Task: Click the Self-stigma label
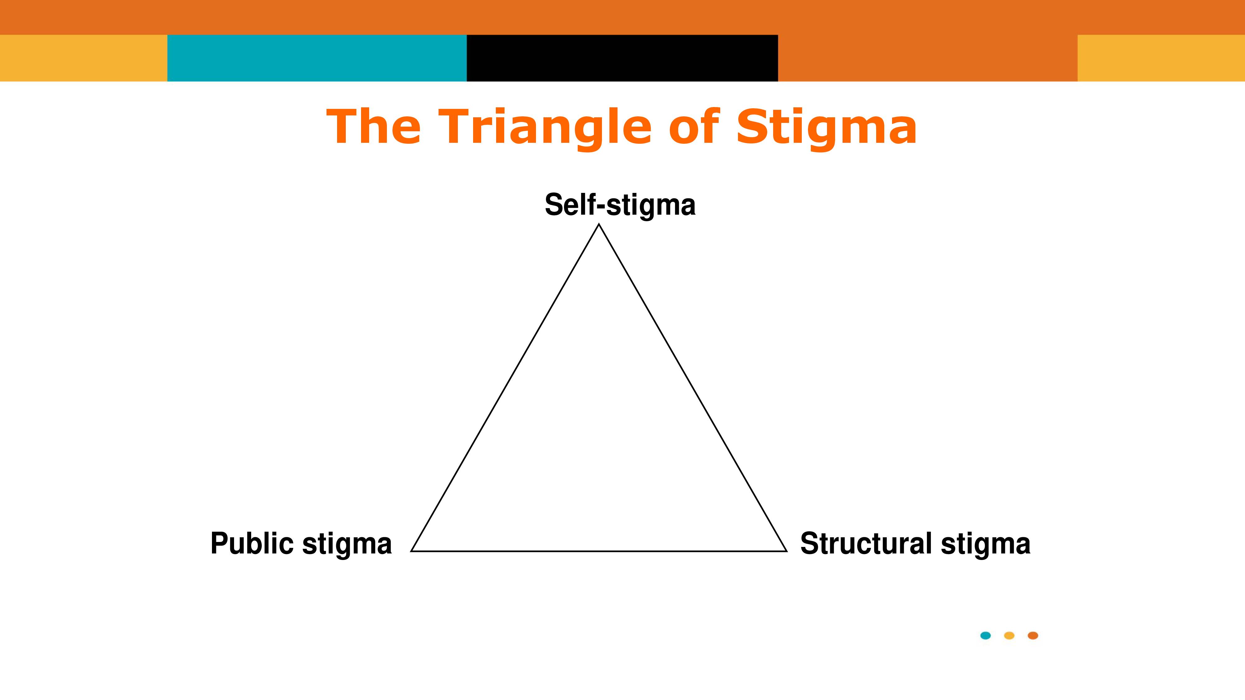pyautogui.click(x=620, y=205)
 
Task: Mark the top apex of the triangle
pyautogui.click(x=599, y=224)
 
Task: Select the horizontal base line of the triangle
pyautogui.click(x=599, y=551)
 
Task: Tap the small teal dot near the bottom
pyautogui.click(x=985, y=635)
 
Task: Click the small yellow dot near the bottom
pyautogui.click(x=1009, y=635)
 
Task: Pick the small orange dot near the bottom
pyautogui.click(x=1033, y=635)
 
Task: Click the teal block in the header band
pyautogui.click(x=317, y=58)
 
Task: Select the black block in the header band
pyautogui.click(x=622, y=58)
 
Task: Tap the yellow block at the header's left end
pyautogui.click(x=84, y=58)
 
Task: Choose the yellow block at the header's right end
pyautogui.click(x=1161, y=58)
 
